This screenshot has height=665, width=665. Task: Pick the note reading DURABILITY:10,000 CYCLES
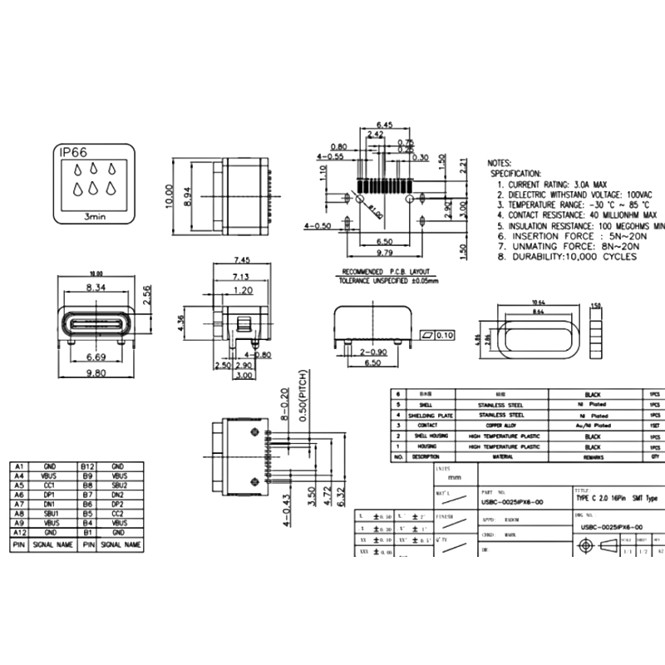tap(568, 257)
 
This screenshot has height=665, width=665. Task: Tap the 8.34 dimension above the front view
tap(96, 287)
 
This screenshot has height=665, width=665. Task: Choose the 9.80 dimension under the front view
tap(96, 373)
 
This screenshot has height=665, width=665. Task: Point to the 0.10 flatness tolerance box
tap(444, 336)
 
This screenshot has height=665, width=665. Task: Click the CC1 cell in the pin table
tap(51, 485)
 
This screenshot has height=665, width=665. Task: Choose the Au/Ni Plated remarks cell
tap(593, 424)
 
